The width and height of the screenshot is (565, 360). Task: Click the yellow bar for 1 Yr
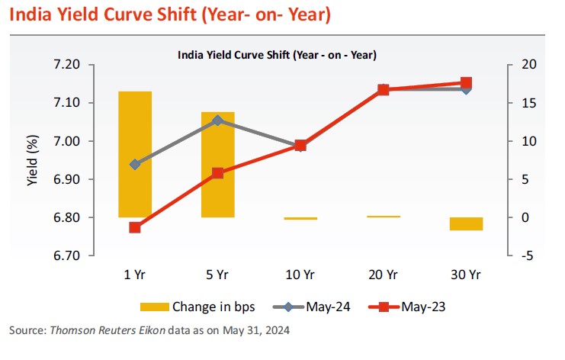135,154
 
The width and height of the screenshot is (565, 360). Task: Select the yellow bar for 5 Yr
218,164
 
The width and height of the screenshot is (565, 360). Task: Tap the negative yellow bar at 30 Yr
466,223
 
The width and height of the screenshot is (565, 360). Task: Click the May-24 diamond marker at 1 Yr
135,164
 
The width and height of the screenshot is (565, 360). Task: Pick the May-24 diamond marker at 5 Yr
218,121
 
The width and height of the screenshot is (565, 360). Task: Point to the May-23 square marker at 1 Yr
135,227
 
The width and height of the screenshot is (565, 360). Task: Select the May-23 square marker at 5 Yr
218,173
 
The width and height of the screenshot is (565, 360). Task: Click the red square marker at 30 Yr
466,82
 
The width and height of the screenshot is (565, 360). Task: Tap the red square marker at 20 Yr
384,89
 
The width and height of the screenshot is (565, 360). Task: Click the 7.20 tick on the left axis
67,65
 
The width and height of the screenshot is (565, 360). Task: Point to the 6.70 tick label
67,256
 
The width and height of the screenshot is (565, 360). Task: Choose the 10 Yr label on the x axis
300,274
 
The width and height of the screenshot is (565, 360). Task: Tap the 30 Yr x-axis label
466,274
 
